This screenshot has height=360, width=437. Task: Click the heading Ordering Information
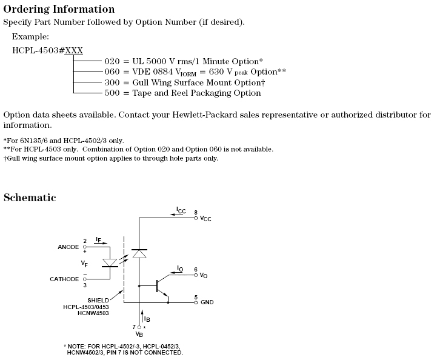[59, 9]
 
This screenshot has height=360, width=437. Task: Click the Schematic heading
[30, 198]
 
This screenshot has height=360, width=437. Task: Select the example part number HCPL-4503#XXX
[47, 50]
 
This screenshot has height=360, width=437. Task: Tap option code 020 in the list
[112, 62]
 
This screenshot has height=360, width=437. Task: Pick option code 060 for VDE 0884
[112, 72]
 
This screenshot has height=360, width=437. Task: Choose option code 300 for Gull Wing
[112, 82]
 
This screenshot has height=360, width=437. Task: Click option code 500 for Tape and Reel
[112, 93]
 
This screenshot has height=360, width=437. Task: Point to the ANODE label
[68, 247]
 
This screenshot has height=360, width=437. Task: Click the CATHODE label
[64, 279]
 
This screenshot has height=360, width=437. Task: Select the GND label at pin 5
[207, 302]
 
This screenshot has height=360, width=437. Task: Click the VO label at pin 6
[204, 276]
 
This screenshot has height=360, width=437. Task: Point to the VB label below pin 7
[139, 334]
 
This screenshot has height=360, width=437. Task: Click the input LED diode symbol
[110, 263]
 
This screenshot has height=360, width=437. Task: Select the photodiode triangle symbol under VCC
[139, 254]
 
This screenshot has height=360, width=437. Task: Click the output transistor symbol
[161, 285]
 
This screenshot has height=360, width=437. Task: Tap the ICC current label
[181, 210]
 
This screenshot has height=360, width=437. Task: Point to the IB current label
[147, 318]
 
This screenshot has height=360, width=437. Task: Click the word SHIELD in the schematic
[98, 300]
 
